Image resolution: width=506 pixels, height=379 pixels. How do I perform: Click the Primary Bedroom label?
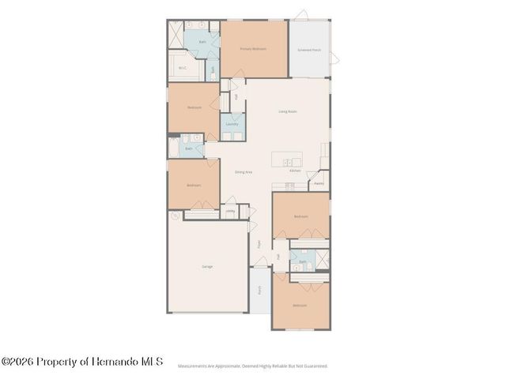tap(253, 49)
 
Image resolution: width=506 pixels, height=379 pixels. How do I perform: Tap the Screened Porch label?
tap(309, 49)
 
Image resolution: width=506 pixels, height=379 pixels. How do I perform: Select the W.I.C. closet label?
tap(183, 68)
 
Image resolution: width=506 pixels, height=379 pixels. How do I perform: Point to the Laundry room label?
tap(232, 124)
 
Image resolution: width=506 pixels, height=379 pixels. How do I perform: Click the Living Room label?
tap(287, 111)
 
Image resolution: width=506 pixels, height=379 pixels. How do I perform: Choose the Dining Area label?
tap(243, 171)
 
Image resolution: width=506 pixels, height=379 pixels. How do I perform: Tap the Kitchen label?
tap(294, 171)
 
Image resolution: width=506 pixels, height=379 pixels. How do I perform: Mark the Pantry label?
tap(319, 183)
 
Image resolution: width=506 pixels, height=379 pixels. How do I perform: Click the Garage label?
tap(206, 266)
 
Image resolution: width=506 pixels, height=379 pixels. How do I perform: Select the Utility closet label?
tap(230, 211)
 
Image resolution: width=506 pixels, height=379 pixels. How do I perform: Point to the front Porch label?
tap(259, 290)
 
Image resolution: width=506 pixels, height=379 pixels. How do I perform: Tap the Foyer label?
tap(259, 243)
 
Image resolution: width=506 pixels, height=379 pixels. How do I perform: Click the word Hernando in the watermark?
tap(111, 362)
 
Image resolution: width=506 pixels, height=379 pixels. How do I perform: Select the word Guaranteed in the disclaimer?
tap(315, 366)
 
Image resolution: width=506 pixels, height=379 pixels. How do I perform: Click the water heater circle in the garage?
tap(174, 216)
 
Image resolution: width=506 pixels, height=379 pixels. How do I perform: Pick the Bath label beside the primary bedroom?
tap(202, 41)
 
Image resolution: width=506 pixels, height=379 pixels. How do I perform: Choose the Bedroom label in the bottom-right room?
tap(300, 305)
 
